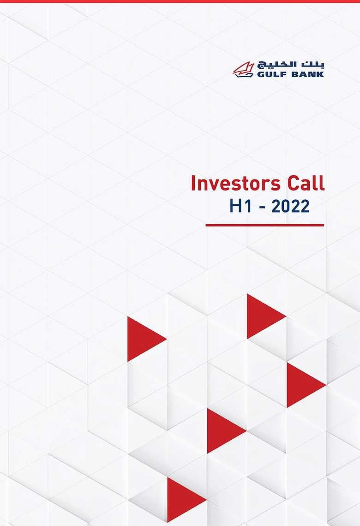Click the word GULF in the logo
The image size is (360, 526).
coord(270,74)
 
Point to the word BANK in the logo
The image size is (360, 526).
coord(306,74)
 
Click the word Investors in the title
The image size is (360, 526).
coord(236,184)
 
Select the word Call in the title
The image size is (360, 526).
coord(305,184)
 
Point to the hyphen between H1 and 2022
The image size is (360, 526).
coord(261,207)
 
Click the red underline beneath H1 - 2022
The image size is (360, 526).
coord(264,225)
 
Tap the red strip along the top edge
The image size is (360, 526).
coord(180,1)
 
